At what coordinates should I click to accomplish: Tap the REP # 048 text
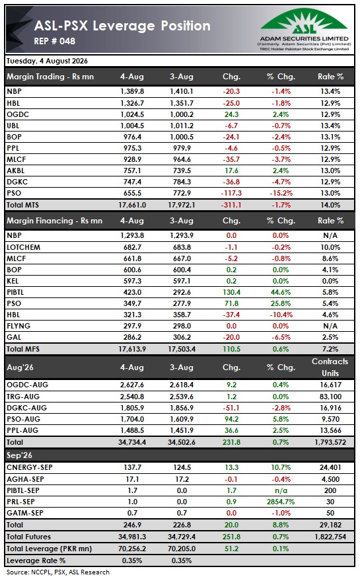tap(54, 41)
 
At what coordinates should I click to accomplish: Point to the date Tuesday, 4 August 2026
tap(47, 61)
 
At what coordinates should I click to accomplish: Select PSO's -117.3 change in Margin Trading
tap(231, 193)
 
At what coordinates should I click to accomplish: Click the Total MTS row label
tap(22, 205)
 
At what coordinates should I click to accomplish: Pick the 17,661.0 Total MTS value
tap(132, 205)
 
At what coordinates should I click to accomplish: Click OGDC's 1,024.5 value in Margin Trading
tap(132, 114)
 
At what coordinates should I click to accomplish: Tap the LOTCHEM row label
tap(23, 247)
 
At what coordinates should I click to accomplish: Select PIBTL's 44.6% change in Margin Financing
tap(281, 292)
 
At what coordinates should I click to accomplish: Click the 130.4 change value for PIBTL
tap(231, 292)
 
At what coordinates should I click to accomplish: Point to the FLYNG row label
tap(18, 326)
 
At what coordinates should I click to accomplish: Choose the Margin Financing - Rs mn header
tap(54, 221)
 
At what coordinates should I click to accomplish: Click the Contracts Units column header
tap(330, 367)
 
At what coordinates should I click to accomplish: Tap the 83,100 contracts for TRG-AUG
tap(330, 397)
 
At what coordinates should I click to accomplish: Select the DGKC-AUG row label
tap(26, 408)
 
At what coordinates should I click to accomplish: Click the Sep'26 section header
tap(19, 455)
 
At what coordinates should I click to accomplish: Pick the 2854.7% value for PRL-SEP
tap(281, 502)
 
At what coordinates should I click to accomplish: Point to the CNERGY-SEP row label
tap(30, 467)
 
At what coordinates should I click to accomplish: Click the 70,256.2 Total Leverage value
tap(132, 549)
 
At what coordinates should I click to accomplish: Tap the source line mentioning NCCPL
tap(57, 572)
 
